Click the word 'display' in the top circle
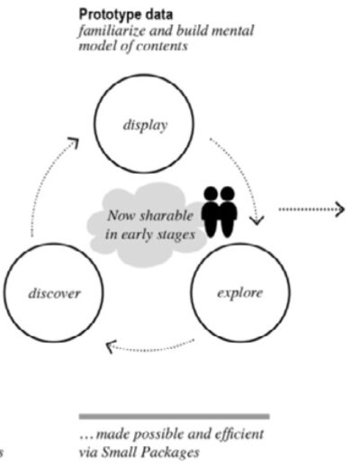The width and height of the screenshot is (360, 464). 145,125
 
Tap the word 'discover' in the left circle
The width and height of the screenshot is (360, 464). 54,293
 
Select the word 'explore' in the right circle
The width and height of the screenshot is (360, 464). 239,293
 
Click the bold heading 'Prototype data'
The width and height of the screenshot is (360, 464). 126,14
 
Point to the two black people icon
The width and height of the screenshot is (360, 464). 220,211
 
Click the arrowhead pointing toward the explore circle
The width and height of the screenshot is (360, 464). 257,220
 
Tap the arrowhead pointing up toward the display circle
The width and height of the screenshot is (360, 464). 74,143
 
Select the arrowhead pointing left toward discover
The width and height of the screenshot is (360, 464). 112,346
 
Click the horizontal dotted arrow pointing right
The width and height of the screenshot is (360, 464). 311,210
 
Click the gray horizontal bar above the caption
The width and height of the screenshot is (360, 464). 174,416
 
